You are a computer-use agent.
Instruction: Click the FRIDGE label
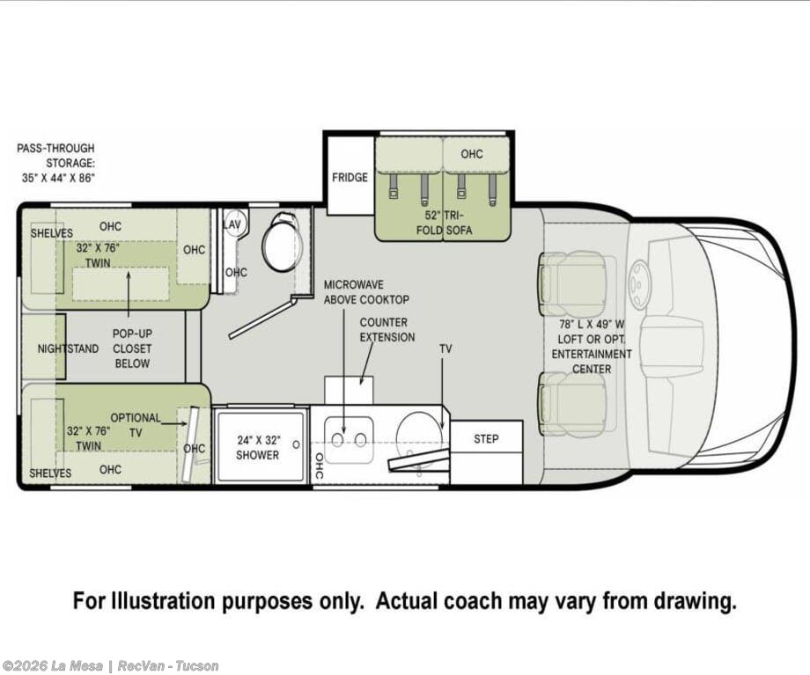pyautogui.click(x=350, y=177)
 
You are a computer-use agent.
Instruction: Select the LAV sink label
pyautogui.click(x=232, y=224)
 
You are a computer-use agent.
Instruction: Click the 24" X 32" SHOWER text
pyautogui.click(x=258, y=447)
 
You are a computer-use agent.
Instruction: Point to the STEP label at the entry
pyautogui.click(x=486, y=438)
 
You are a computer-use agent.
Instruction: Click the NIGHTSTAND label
pyautogui.click(x=68, y=349)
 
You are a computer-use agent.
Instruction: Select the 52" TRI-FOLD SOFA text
pyautogui.click(x=444, y=223)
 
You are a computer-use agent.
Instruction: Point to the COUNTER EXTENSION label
pyautogui.click(x=387, y=329)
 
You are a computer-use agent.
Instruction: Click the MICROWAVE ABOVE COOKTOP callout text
pyautogui.click(x=366, y=292)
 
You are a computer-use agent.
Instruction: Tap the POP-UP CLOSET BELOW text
pyautogui.click(x=132, y=349)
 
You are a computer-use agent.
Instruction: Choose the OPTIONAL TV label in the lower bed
pyautogui.click(x=136, y=424)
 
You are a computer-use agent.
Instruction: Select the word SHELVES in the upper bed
pyautogui.click(x=52, y=233)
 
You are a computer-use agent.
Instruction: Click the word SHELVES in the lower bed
pyautogui.click(x=50, y=473)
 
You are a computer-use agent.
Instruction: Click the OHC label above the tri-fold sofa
pyautogui.click(x=472, y=154)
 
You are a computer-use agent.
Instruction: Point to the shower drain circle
pyautogui.click(x=296, y=444)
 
